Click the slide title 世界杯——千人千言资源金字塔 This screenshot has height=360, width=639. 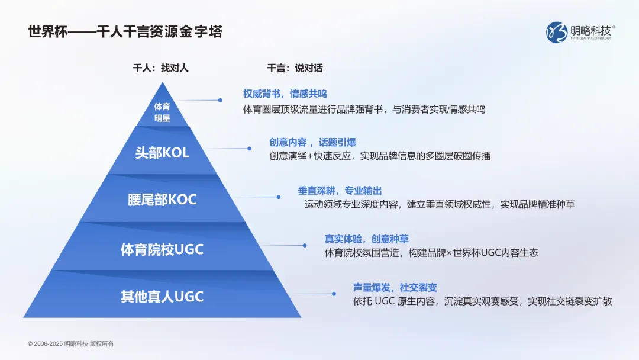coord(125,31)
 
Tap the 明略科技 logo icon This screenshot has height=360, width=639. coord(556,32)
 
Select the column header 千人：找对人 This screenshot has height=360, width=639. coord(160,68)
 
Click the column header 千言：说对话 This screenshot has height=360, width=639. coord(295,68)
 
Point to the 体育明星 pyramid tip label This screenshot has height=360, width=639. coord(162,112)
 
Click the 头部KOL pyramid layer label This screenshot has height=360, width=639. coord(162,152)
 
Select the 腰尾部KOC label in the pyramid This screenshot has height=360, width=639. coord(162,200)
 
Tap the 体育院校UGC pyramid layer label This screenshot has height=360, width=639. coord(162,249)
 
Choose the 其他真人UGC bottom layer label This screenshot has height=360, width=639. coord(162,297)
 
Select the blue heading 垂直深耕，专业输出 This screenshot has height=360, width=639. coord(340,191)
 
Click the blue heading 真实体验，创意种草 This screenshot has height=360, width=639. coord(366,239)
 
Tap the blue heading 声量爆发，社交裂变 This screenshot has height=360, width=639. coord(395,288)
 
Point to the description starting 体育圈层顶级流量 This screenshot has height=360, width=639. coord(364,110)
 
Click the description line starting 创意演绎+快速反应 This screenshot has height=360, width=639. coord(380,156)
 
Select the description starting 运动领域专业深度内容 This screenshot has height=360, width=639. coord(439,204)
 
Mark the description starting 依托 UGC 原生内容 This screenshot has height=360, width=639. coord(482,301)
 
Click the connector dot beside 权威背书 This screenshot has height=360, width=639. coord(220,100)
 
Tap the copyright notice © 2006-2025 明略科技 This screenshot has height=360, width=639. coord(70,343)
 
